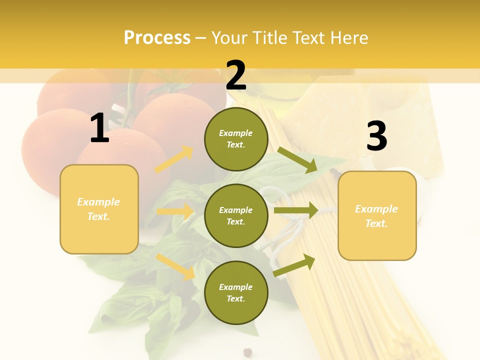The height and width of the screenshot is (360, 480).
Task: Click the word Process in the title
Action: tap(157, 38)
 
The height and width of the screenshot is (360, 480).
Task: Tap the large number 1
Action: tap(99, 128)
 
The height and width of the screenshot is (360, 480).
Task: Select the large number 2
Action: tap(236, 75)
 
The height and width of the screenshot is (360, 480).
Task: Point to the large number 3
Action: tap(376, 136)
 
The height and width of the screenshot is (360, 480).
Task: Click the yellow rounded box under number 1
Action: tap(99, 209)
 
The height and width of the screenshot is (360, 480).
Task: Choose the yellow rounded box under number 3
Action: tap(377, 216)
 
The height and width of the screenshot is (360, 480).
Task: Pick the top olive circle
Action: tap(236, 139)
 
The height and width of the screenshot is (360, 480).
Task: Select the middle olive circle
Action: tap(236, 215)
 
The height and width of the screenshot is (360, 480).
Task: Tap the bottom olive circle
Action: tap(236, 292)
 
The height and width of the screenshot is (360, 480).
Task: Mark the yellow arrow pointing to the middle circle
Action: tap(174, 211)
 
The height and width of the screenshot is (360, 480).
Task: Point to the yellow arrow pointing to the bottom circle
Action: tap(175, 266)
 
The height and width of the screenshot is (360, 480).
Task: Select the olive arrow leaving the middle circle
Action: tap(296, 210)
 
